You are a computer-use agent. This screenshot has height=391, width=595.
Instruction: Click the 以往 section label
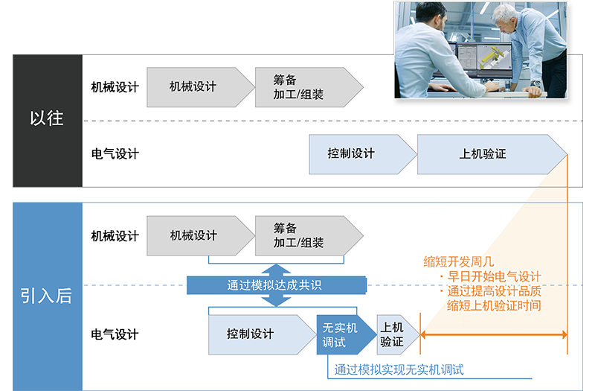[x=47, y=118]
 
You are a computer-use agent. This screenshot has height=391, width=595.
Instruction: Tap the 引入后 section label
[x=47, y=295]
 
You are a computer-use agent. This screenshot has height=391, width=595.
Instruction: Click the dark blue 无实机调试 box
[x=341, y=334]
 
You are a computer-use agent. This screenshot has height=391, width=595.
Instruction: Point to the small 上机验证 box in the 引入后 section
[x=393, y=334]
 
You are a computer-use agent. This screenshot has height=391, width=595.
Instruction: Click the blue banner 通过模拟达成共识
[x=275, y=285]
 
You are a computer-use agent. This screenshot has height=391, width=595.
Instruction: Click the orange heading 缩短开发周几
[x=459, y=261]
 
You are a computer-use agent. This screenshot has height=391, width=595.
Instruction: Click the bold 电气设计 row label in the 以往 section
[x=115, y=154]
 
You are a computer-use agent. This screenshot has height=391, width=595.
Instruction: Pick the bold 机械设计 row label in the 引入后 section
[x=115, y=236]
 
